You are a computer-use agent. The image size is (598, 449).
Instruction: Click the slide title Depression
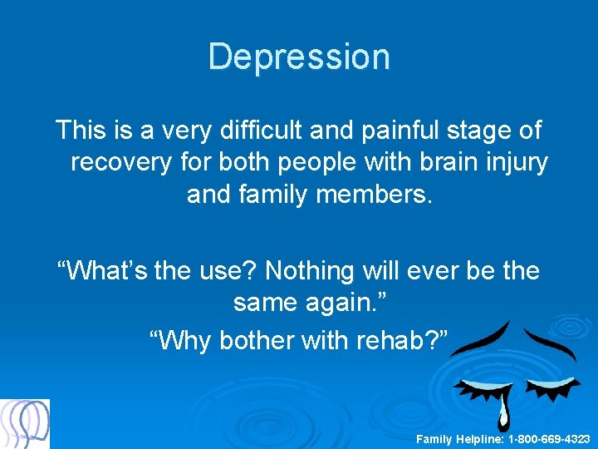[299, 57]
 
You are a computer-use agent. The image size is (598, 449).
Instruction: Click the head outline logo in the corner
[25, 424]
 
